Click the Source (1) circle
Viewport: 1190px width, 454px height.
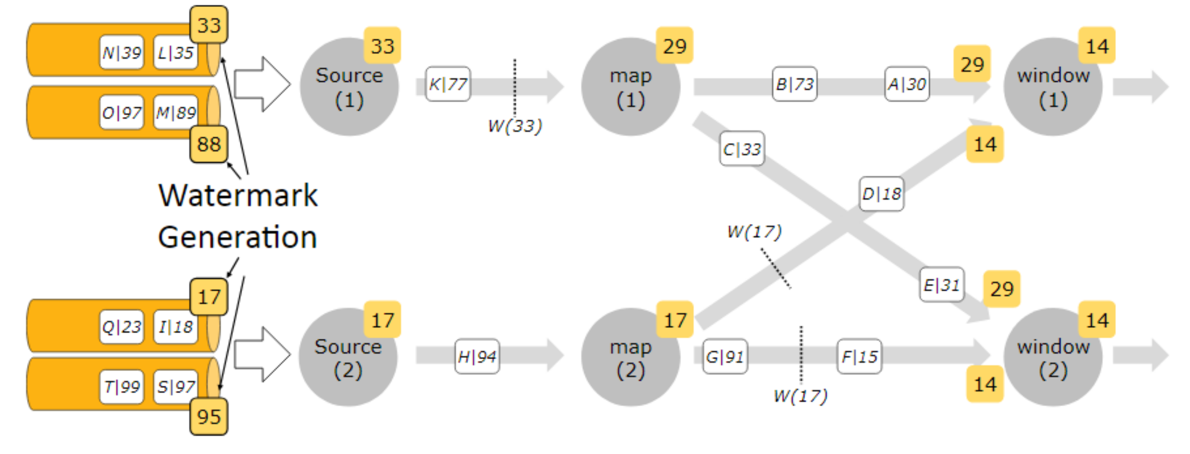click(349, 87)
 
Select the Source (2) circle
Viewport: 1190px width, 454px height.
click(348, 357)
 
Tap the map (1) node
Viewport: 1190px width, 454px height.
click(631, 87)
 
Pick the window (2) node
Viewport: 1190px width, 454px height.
click(1053, 357)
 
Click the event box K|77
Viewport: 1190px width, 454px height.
click(448, 84)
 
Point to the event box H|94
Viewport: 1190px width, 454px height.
click(477, 356)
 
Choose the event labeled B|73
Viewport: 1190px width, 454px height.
click(795, 84)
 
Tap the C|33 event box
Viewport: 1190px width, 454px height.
click(742, 149)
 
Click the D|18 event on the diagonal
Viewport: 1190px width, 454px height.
click(882, 194)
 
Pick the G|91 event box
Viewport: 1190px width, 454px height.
click(725, 356)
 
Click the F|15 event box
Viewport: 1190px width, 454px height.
click(859, 356)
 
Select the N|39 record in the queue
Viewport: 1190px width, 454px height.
click(122, 53)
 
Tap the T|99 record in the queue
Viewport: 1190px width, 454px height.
click(122, 387)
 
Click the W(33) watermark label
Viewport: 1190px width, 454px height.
click(515, 125)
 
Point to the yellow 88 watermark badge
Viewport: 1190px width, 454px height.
click(209, 144)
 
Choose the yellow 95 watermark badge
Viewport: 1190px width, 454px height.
click(209, 416)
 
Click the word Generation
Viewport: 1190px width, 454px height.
click(238, 237)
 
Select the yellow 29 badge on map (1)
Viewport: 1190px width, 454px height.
click(674, 46)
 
